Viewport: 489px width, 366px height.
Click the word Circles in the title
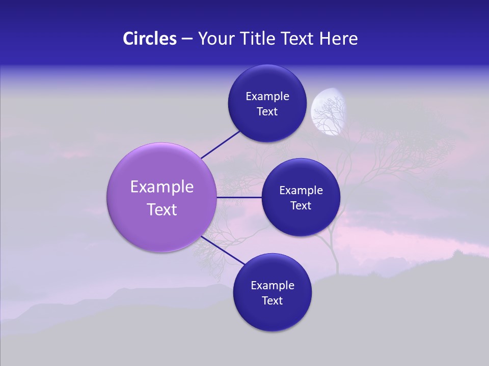[149, 39]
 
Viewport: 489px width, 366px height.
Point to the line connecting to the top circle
[220, 144]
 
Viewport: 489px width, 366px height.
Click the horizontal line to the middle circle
[239, 197]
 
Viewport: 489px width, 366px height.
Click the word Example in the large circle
[162, 187]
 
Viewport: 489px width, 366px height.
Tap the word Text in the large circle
[162, 209]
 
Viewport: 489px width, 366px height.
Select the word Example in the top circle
[267, 97]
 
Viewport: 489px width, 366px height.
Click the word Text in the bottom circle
[272, 301]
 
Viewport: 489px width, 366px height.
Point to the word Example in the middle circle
[301, 191]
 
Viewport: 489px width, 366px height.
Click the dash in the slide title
[186, 39]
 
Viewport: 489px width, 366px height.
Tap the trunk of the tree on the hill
[336, 254]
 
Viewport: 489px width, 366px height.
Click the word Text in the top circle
[267, 112]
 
